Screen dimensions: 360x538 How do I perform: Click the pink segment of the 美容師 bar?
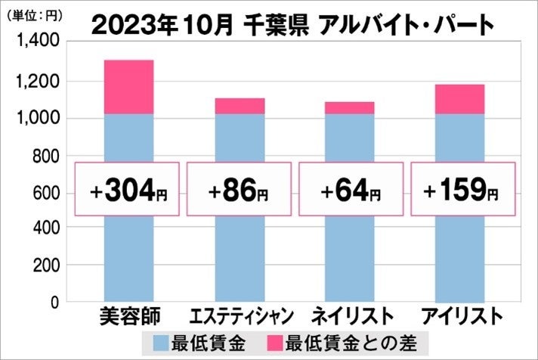[128, 87]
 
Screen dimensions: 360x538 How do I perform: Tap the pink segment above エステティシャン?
[239, 106]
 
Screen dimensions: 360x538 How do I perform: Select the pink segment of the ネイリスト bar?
[349, 108]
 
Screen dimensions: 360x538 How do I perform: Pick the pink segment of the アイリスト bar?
[460, 99]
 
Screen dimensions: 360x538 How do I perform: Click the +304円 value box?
[128, 189]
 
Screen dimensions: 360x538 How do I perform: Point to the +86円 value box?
[239, 189]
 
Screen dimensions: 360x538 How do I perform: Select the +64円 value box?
[349, 189]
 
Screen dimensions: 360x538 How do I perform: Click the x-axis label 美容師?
[128, 315]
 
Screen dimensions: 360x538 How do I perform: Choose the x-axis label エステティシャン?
[239, 315]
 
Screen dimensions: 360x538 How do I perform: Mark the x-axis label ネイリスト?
[349, 315]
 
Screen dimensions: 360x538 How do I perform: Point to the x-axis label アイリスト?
[461, 315]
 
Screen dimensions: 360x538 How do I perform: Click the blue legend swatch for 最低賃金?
[160, 340]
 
